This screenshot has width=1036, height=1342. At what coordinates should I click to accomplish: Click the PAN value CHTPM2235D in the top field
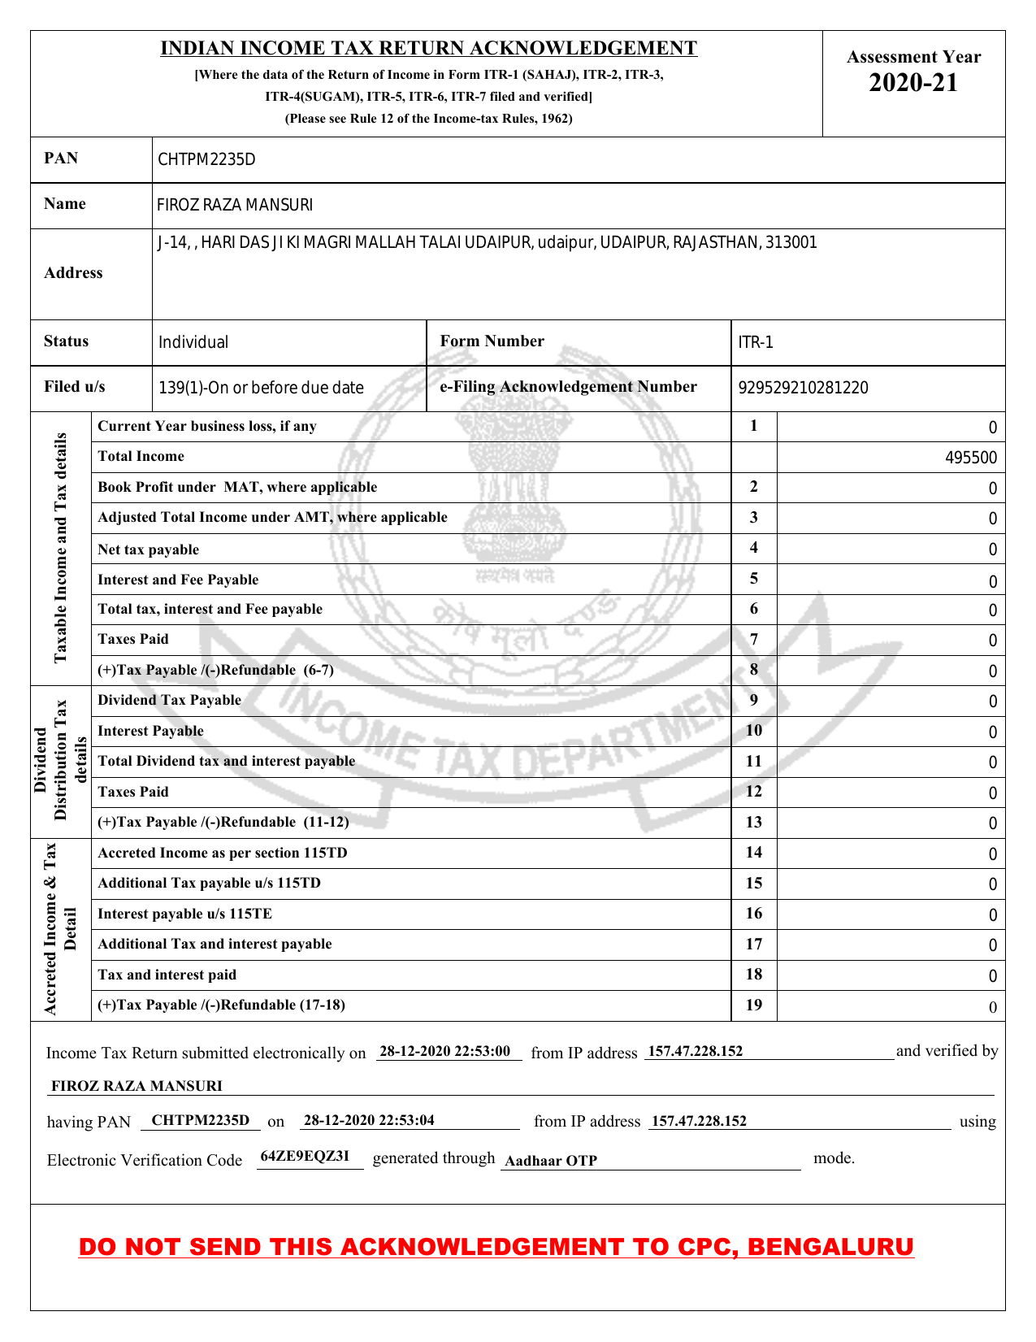[x=206, y=159]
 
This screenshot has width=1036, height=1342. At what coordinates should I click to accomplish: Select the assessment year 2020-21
[x=913, y=83]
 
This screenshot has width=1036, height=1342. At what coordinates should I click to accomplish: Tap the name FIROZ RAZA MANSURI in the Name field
[x=234, y=205]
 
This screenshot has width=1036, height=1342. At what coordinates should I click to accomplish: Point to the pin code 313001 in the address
[x=792, y=242]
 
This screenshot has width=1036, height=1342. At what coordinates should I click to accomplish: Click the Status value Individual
[x=193, y=342]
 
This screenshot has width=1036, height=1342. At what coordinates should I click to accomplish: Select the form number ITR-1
[x=756, y=342]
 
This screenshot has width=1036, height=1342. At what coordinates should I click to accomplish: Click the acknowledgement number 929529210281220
[x=803, y=388]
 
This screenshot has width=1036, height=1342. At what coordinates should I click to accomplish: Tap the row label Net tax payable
[x=148, y=549]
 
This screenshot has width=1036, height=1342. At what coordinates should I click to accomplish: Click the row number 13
[x=754, y=822]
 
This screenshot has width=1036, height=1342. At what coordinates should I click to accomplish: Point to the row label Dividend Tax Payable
[x=169, y=700]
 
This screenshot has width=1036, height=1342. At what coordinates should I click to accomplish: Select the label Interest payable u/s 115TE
[x=184, y=914]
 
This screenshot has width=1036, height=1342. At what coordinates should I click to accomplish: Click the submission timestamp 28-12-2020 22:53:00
[x=444, y=1051]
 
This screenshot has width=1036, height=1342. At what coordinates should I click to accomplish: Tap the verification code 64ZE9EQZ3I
[x=305, y=1156]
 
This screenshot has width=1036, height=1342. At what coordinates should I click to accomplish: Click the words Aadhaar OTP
[x=550, y=1161]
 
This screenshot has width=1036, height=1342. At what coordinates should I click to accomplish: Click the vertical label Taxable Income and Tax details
[x=61, y=548]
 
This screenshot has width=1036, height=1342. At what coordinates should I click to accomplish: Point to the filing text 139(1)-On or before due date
[x=261, y=388]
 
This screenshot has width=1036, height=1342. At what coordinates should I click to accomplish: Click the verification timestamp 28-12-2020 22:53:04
[x=368, y=1120]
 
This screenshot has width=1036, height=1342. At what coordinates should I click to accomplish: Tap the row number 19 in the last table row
[x=754, y=1005]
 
